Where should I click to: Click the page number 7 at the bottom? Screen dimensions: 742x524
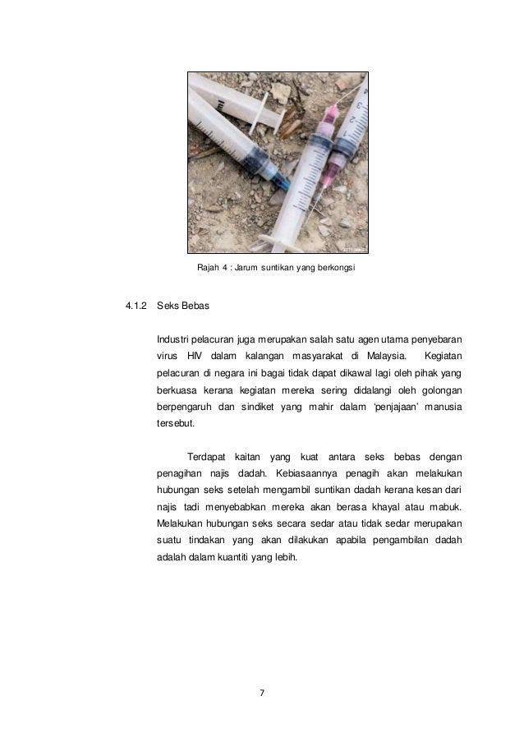point(261,694)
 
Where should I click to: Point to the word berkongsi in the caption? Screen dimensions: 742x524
point(330,268)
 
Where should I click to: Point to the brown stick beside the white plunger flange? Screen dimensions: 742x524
point(287,121)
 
